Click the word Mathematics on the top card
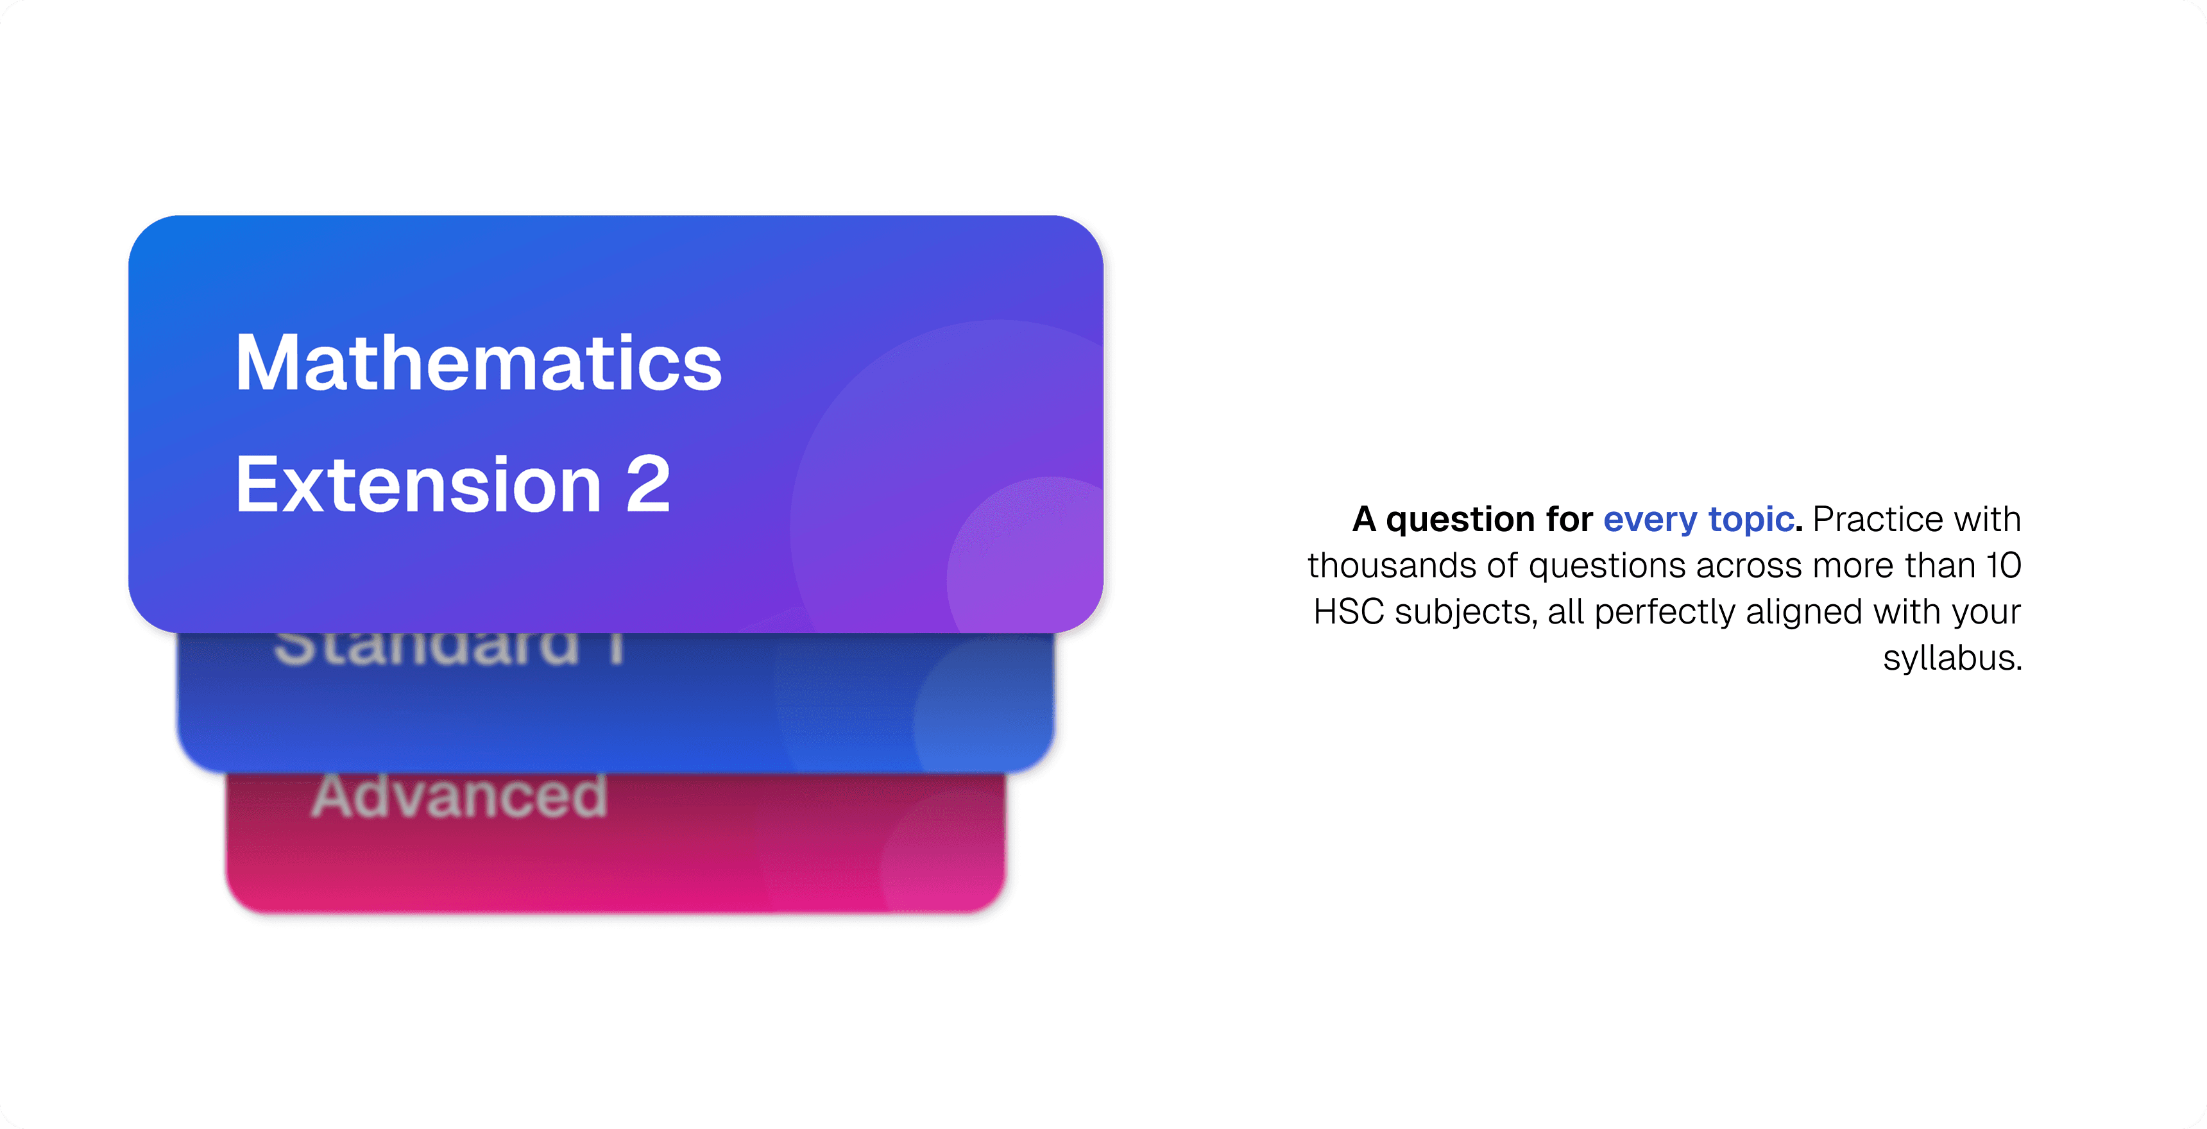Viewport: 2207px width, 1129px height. tap(478, 364)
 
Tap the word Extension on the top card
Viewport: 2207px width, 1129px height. tap(418, 486)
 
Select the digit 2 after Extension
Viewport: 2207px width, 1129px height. tap(648, 486)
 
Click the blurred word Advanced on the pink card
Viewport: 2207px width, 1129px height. tap(459, 797)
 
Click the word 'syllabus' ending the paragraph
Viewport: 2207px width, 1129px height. tap(1951, 658)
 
